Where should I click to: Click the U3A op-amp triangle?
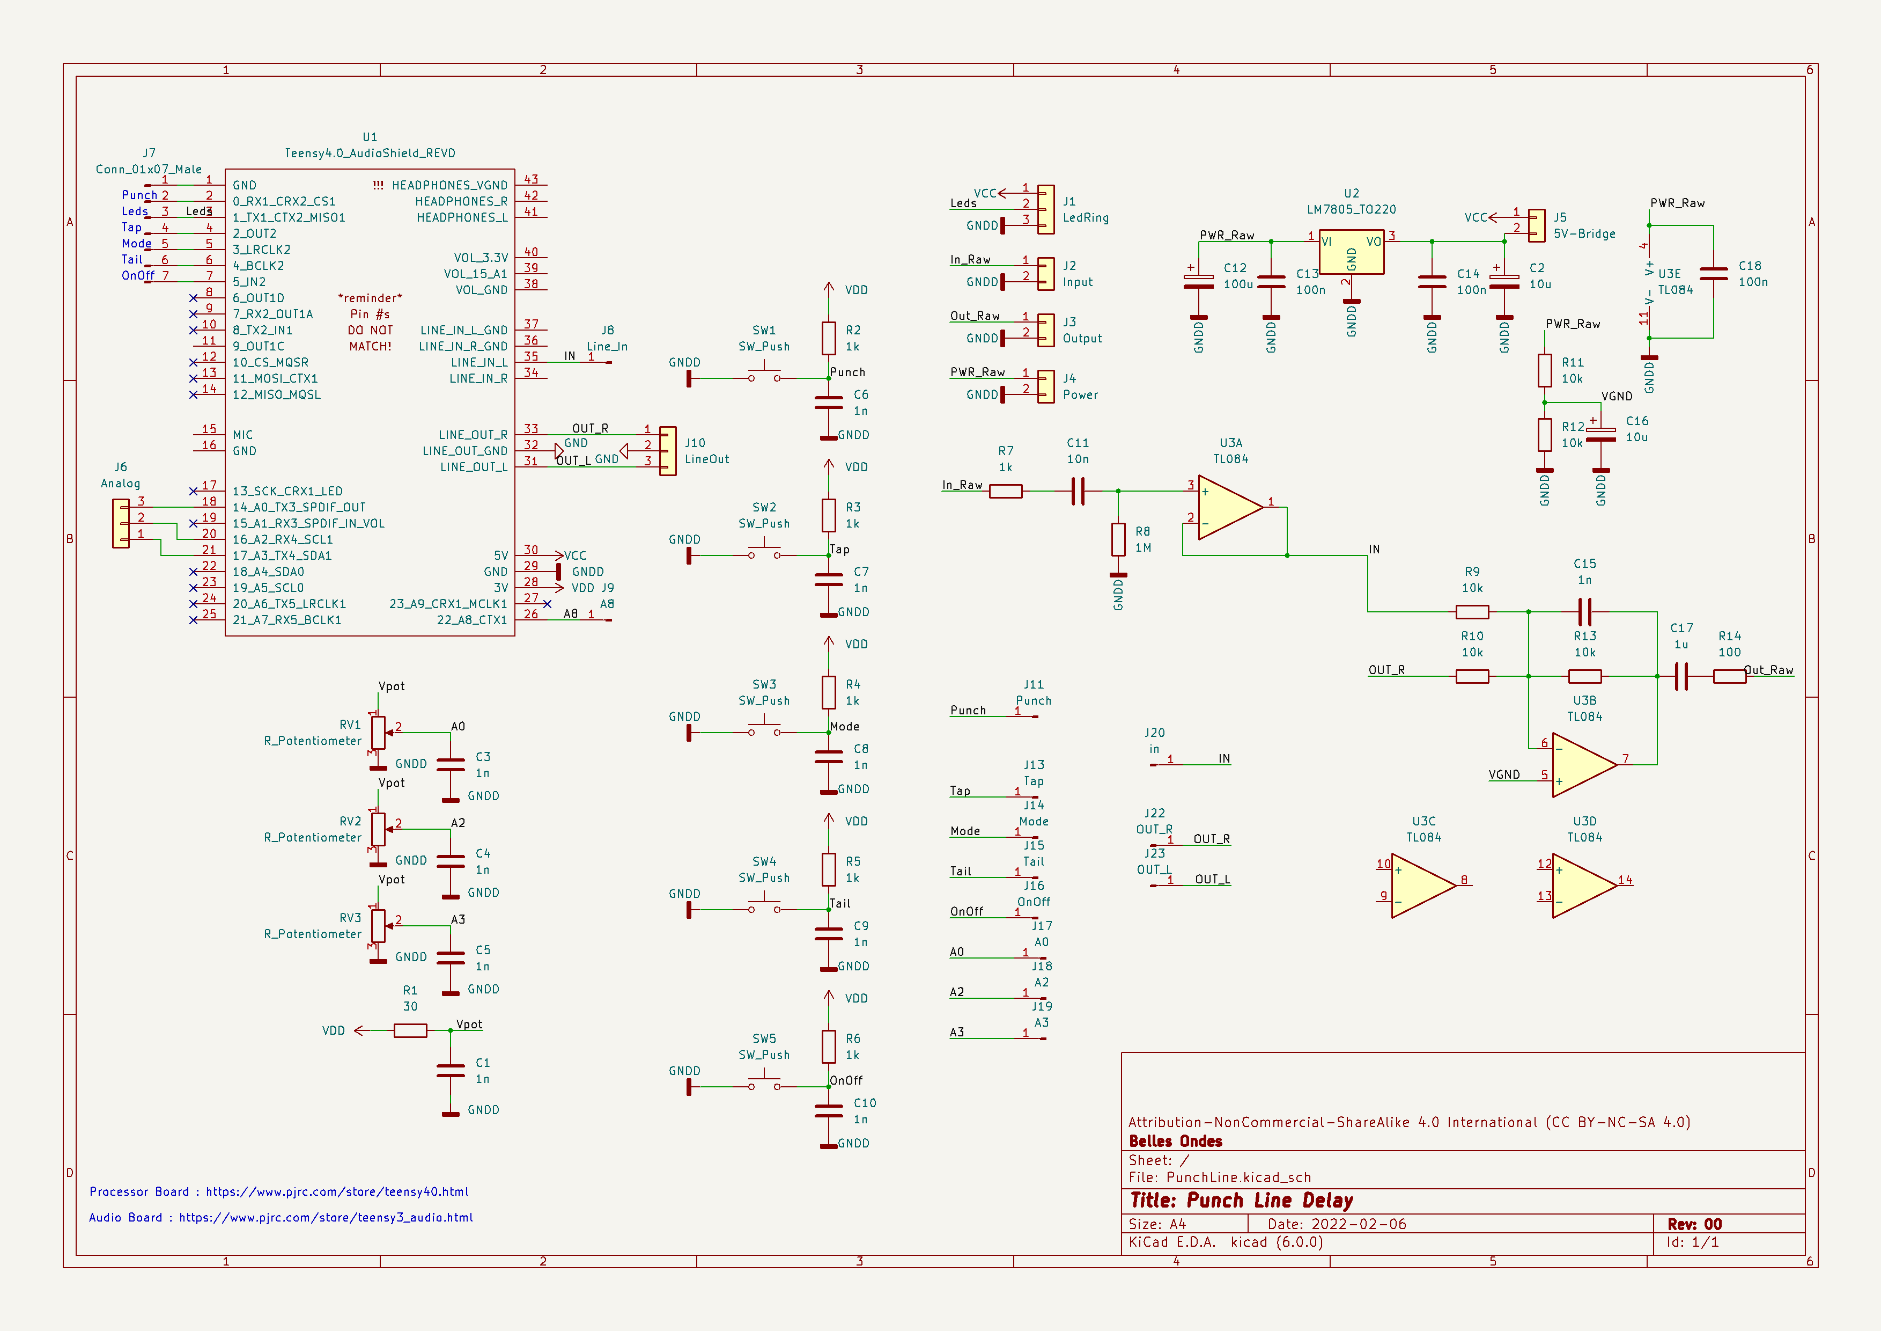(1228, 507)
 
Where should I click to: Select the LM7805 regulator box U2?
(1351, 252)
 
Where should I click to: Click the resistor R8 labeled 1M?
(1118, 540)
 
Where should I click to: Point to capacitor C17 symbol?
(1681, 677)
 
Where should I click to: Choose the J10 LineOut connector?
(668, 451)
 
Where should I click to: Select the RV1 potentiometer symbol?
(378, 733)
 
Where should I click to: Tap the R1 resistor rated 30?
(410, 1031)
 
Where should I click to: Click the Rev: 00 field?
(1694, 1224)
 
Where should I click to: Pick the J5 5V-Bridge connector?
(1537, 225)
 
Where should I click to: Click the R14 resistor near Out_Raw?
(1729, 677)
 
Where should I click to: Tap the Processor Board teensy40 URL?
(337, 1191)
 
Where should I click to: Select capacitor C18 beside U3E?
(1713, 274)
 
